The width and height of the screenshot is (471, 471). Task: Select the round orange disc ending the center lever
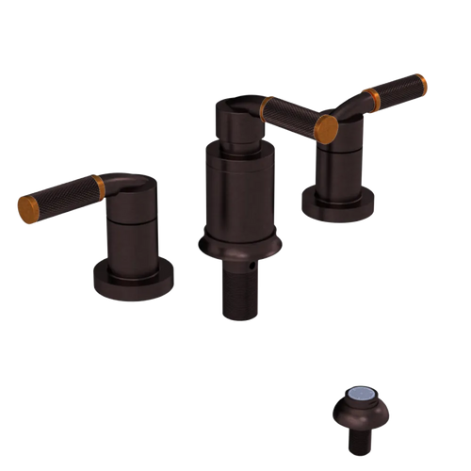[x=326, y=129]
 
